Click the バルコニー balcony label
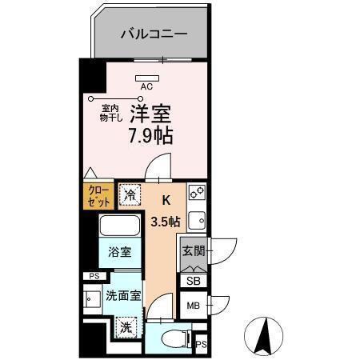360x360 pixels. (154, 34)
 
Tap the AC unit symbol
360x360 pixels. (147, 78)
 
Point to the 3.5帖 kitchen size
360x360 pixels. (166, 221)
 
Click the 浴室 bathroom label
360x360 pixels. (121, 252)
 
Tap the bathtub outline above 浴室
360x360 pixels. (121, 225)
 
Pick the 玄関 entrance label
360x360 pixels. (194, 251)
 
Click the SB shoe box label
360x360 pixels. (194, 281)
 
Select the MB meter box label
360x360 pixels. (194, 306)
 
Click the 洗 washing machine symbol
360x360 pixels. (126, 326)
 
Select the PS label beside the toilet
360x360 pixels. (201, 345)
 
